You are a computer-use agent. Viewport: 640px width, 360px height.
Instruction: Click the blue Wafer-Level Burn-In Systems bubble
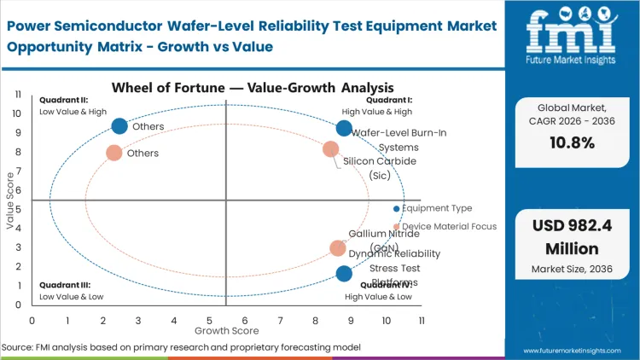(344, 128)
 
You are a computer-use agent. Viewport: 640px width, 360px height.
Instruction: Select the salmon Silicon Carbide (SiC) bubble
(331, 149)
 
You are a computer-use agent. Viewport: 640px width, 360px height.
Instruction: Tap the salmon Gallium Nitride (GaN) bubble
(338, 248)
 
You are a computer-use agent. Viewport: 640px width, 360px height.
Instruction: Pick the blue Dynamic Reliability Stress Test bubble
(344, 274)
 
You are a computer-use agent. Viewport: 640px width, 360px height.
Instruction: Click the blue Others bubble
(119, 126)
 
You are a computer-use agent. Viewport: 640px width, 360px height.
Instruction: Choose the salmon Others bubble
(113, 153)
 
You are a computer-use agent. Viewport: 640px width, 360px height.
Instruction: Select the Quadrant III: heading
(60, 286)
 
